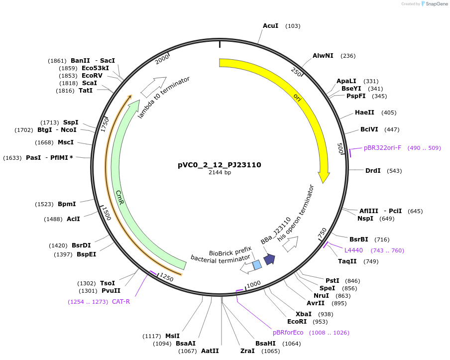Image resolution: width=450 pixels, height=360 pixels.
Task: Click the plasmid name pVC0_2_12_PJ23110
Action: pyautogui.click(x=220, y=165)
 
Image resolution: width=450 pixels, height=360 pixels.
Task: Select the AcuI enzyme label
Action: pyautogui.click(x=270, y=25)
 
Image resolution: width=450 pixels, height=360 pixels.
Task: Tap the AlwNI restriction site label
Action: pyautogui.click(x=323, y=56)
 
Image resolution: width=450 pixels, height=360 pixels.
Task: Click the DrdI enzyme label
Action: pyautogui.click(x=373, y=171)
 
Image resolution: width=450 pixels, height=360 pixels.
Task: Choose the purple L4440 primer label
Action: pyautogui.click(x=353, y=250)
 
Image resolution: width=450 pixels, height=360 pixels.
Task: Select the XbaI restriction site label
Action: pyautogui.click(x=303, y=314)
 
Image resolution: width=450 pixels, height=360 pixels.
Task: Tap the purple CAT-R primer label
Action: pyautogui.click(x=121, y=301)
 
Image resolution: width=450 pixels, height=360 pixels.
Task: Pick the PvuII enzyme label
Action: pyautogui.click(x=111, y=291)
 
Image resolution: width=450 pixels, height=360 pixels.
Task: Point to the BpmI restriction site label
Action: pyautogui.click(x=67, y=204)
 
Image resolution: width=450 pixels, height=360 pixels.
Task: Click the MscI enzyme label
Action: pyautogui.click(x=66, y=142)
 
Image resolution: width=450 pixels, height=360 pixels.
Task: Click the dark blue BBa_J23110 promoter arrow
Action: pyautogui.click(x=269, y=259)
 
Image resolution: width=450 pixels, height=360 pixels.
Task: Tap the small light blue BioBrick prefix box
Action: pyautogui.click(x=257, y=265)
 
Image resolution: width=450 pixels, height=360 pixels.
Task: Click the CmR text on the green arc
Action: pyautogui.click(x=119, y=196)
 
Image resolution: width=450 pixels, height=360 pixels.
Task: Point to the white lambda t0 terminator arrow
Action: pyautogui.click(x=153, y=87)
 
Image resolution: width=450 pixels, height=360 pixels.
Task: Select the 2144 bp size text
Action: pyautogui.click(x=220, y=173)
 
